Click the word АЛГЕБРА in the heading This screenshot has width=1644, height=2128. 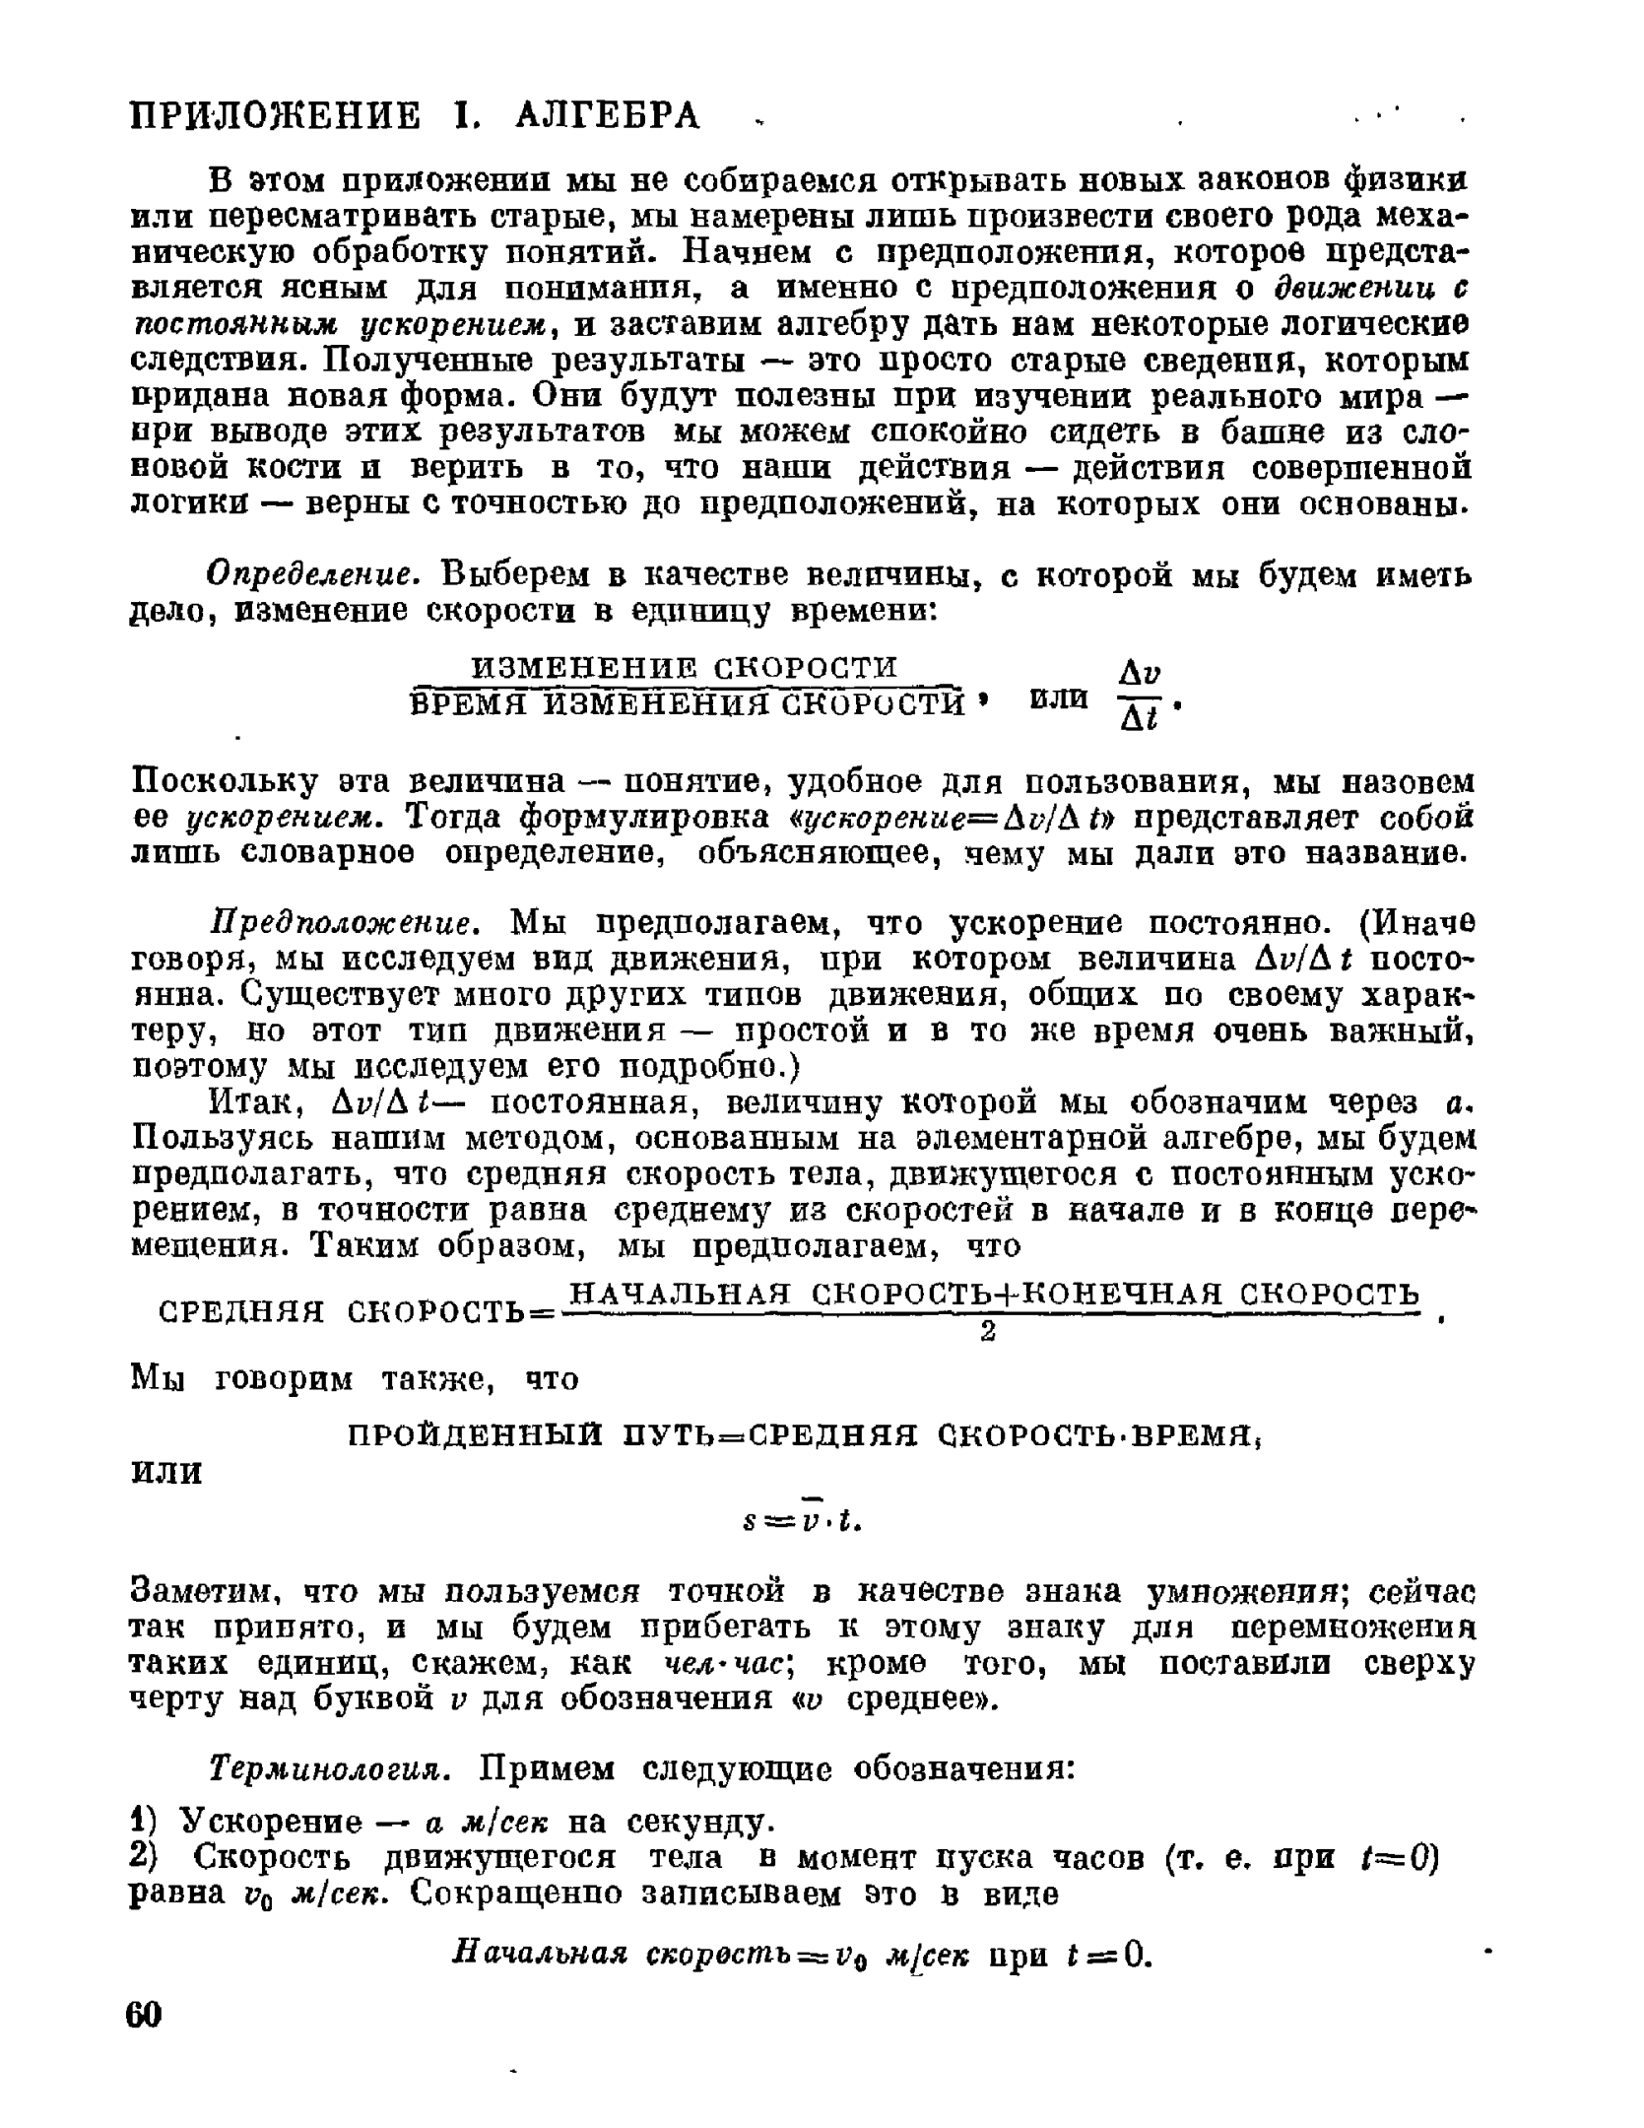click(607, 116)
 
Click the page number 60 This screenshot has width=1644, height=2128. click(144, 2014)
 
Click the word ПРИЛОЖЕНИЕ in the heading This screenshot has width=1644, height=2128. click(277, 116)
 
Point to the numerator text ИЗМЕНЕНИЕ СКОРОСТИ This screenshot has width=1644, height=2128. click(686, 667)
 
